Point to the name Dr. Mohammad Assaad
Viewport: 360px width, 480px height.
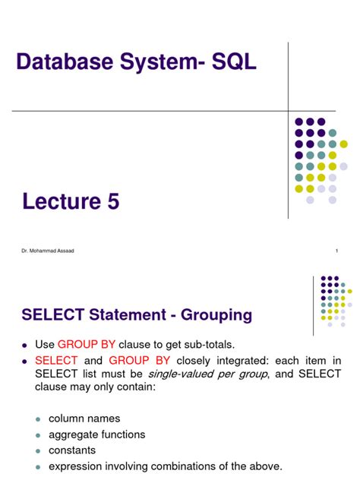point(46,251)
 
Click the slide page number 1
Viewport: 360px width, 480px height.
point(336,251)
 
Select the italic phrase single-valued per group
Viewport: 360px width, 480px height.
point(202,374)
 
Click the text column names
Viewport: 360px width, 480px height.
point(84,418)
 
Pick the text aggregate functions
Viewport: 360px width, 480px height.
point(96,434)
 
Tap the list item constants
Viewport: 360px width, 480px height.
point(74,450)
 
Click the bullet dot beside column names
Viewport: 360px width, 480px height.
point(37,418)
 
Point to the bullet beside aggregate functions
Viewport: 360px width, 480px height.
point(37,434)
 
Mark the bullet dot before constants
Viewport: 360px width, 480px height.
point(37,450)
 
